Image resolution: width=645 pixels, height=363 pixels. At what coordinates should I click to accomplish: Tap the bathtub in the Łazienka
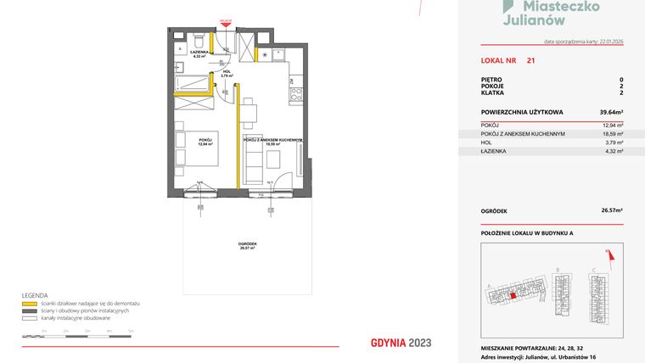pos(192,83)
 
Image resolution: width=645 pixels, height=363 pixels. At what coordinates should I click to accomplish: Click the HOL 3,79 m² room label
pos(226,74)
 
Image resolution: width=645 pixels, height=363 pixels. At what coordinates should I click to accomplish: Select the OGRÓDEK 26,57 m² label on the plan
pos(248,246)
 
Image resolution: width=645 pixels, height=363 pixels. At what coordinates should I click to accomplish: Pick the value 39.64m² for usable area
pos(611,111)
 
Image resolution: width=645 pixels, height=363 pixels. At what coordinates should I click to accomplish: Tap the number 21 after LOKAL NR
pos(530,61)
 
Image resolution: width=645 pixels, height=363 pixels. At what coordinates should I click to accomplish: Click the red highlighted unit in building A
pos(513,295)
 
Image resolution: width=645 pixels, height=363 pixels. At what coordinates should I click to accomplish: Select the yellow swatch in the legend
pos(30,303)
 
